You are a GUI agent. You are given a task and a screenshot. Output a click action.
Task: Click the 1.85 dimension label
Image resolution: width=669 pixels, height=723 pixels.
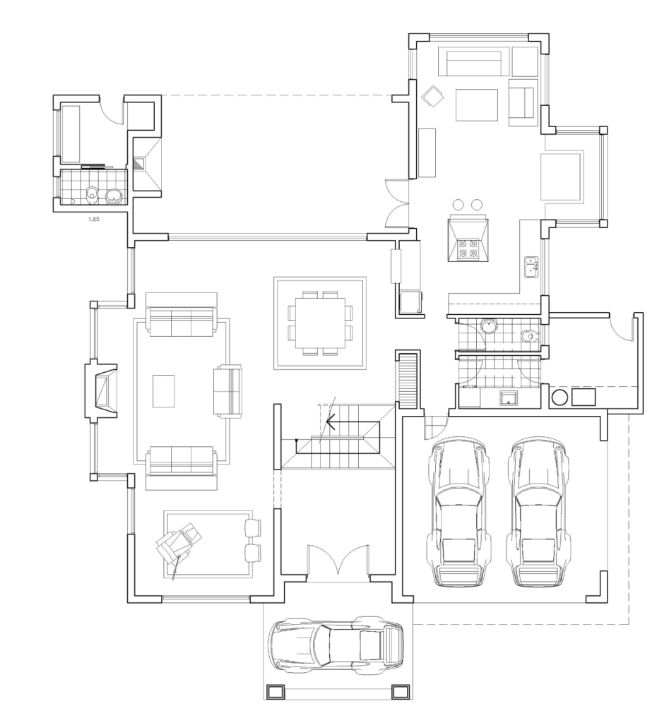pyautogui.click(x=94, y=219)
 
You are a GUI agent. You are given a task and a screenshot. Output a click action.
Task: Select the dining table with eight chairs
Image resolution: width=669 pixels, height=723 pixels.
pyautogui.click(x=320, y=323)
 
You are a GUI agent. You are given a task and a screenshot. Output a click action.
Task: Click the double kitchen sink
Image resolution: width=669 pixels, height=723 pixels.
pyautogui.click(x=531, y=267)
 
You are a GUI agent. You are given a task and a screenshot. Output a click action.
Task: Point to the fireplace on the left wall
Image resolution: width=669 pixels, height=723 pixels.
pyautogui.click(x=100, y=392)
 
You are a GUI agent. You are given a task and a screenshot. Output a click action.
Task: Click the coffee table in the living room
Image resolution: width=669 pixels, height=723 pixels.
pyautogui.click(x=164, y=391)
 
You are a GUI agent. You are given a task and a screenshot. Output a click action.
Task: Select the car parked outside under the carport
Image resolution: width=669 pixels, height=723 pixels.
pyautogui.click(x=336, y=644)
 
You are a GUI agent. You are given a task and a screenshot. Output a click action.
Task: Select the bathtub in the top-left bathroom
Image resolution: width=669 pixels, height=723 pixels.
pyautogui.click(x=71, y=134)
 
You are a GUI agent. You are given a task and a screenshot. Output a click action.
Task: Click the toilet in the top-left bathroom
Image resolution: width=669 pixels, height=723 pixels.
pyautogui.click(x=93, y=195)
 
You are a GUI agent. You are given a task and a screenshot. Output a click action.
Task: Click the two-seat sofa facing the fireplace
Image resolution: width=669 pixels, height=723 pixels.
pyautogui.click(x=227, y=391)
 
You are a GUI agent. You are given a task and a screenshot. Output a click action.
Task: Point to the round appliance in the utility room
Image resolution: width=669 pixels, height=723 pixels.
pyautogui.click(x=560, y=397)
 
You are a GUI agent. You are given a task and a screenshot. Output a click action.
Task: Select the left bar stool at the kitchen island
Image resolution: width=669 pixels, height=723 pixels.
pyautogui.click(x=458, y=204)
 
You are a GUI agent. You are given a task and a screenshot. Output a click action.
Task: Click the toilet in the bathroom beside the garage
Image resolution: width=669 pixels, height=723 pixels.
pyautogui.click(x=531, y=336)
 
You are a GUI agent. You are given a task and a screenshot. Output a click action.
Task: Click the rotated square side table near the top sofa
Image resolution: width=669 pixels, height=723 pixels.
pyautogui.click(x=433, y=96)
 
